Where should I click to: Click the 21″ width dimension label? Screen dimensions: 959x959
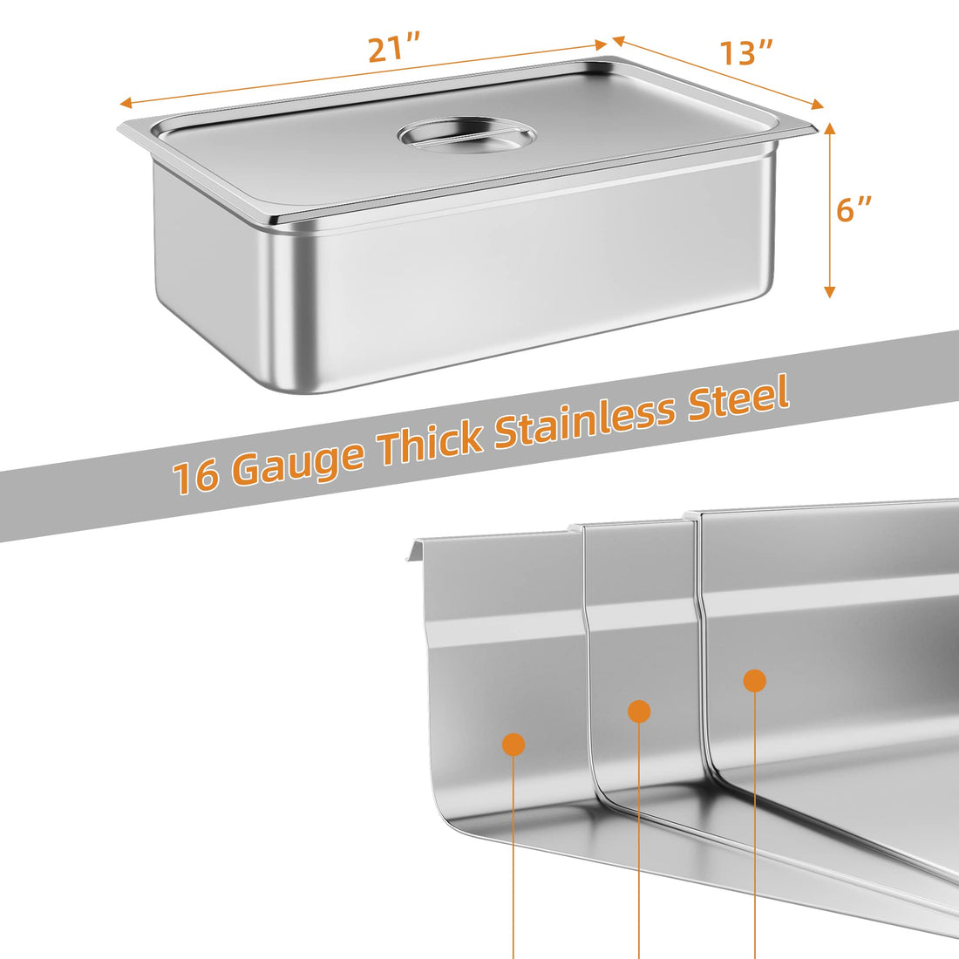[x=394, y=48]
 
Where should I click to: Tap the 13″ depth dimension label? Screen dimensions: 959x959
[x=745, y=52]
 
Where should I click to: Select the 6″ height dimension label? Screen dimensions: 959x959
[x=854, y=210]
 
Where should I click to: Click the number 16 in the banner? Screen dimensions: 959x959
[x=195, y=476]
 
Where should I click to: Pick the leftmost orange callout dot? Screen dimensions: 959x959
[x=514, y=745]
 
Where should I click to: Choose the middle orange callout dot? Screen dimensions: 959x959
[x=639, y=711]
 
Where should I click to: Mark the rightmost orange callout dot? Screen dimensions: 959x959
[x=755, y=680]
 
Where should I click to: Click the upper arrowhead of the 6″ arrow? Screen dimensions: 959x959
[x=829, y=127]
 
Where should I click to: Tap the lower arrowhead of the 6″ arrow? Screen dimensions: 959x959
[x=829, y=292]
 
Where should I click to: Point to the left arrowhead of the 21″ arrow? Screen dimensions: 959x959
[x=125, y=102]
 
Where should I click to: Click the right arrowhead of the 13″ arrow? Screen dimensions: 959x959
[x=819, y=105]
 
